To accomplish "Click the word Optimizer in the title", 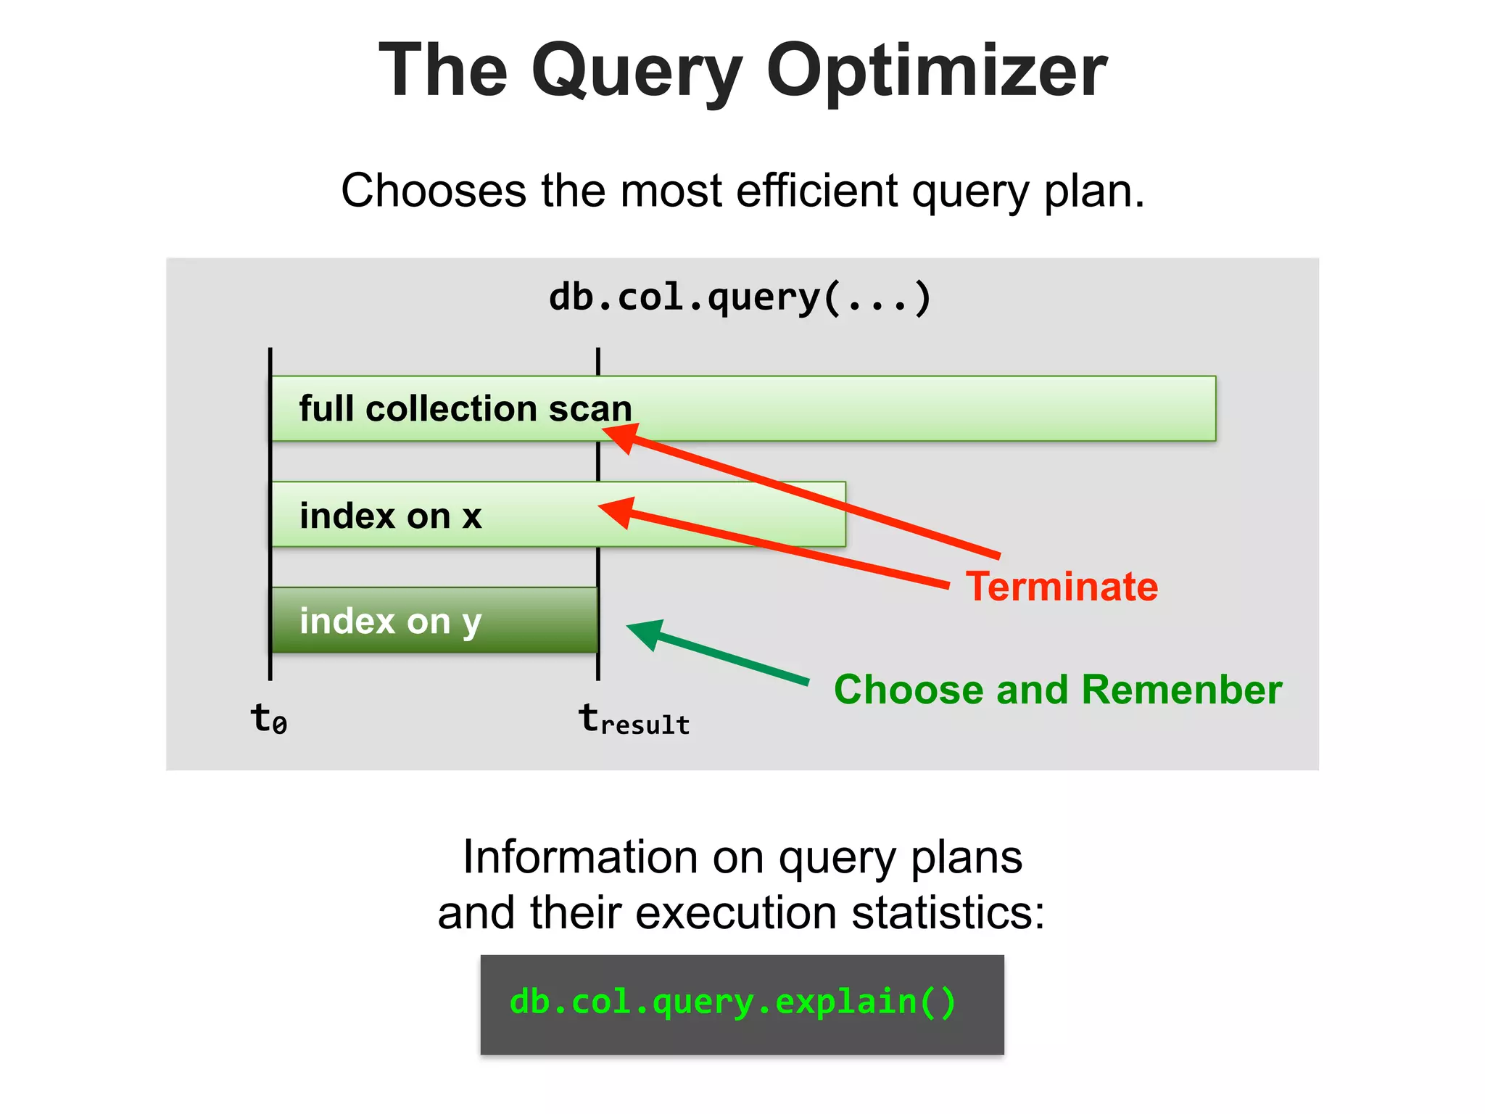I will click(936, 70).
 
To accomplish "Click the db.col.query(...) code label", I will click(740, 297).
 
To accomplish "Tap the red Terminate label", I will click(1062, 587).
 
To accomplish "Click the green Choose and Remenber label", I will click(1058, 690).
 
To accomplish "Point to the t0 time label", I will click(268, 719).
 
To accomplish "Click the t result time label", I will click(633, 720).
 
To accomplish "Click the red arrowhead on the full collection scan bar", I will click(621, 436).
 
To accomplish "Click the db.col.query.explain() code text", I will click(733, 1002).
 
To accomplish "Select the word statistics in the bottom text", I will click(948, 913).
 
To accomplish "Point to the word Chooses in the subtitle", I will click(434, 191).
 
